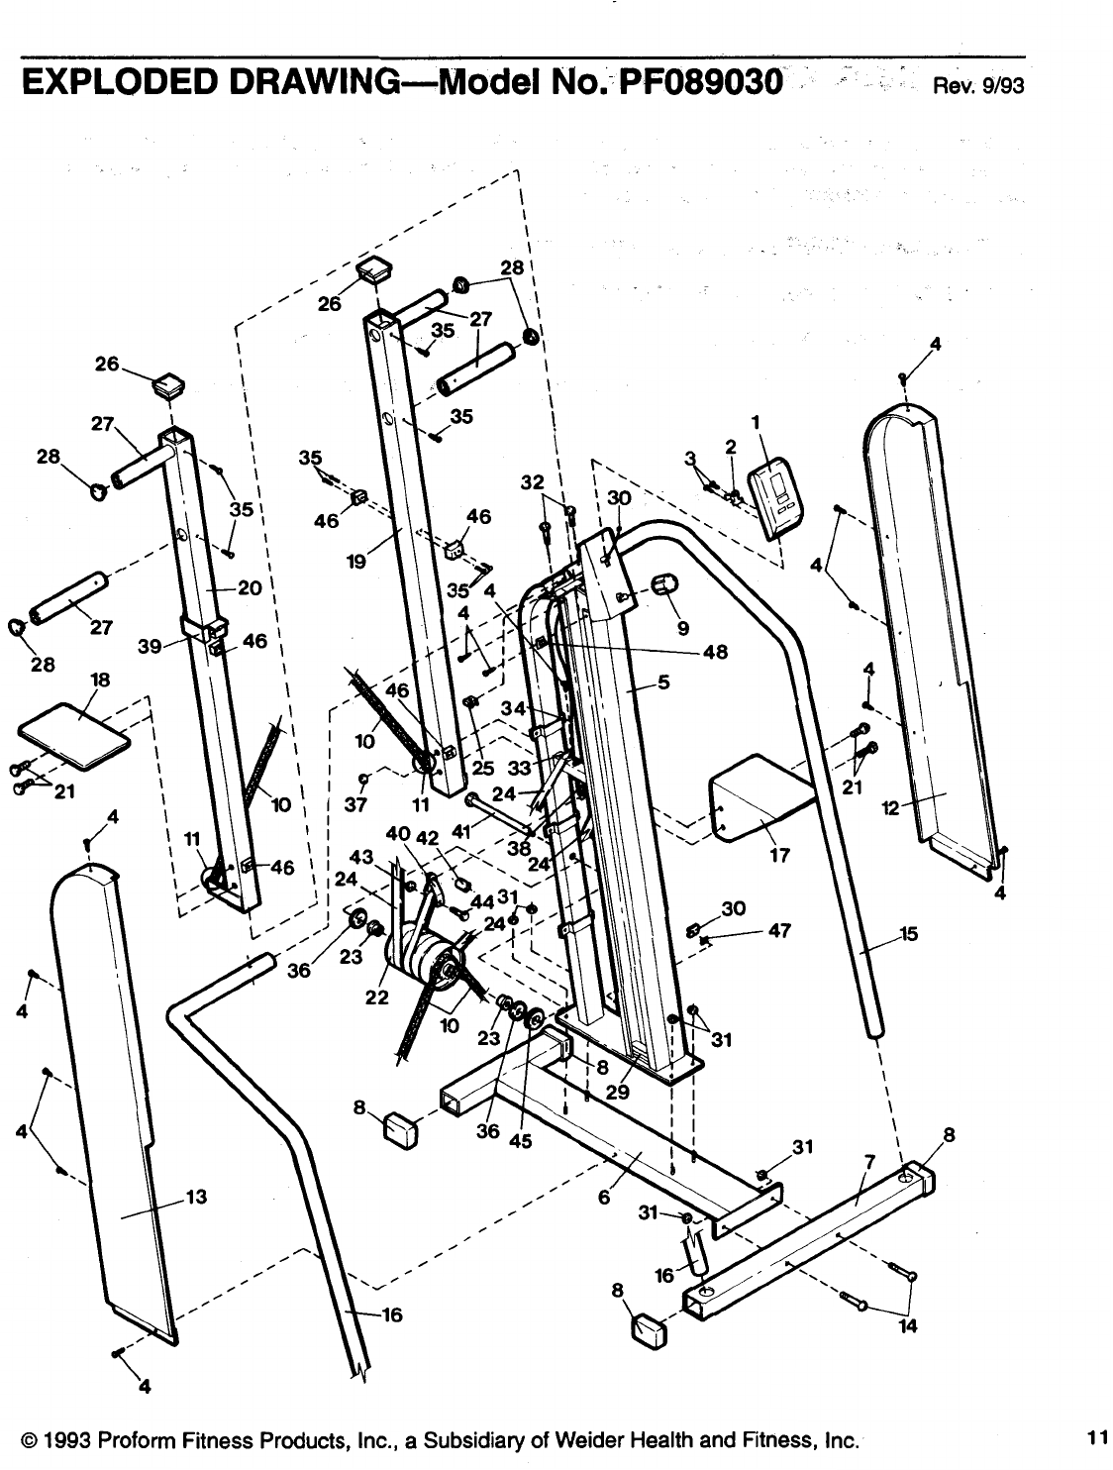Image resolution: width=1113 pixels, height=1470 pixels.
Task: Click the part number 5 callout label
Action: (664, 682)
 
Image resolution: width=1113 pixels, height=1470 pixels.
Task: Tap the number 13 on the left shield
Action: (195, 1197)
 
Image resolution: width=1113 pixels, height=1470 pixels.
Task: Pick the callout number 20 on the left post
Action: (249, 587)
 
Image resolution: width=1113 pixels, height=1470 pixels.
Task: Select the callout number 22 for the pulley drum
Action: (377, 997)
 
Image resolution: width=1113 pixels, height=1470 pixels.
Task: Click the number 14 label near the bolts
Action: (905, 1327)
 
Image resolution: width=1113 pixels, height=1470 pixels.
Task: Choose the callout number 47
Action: (779, 932)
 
